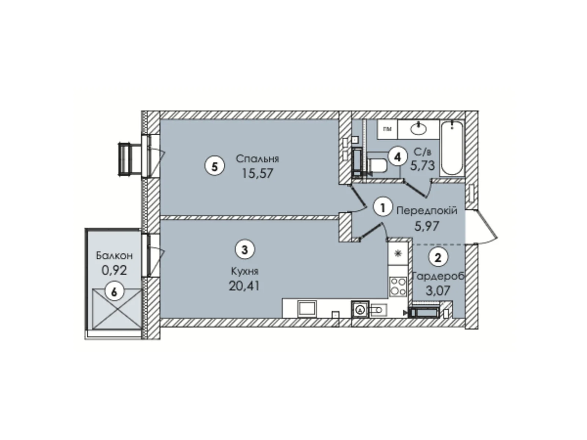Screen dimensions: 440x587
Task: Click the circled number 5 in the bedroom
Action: click(x=215, y=166)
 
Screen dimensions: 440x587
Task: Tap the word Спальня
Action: click(x=257, y=159)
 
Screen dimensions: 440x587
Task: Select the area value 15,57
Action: click(x=257, y=173)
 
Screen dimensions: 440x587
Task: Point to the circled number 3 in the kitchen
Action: click(x=245, y=250)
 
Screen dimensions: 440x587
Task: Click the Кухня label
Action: click(x=245, y=271)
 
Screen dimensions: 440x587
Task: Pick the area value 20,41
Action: click(x=244, y=285)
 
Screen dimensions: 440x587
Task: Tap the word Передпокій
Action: click(x=427, y=211)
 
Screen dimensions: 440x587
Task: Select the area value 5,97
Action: click(x=427, y=226)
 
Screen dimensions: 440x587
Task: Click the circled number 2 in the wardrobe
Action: click(x=438, y=257)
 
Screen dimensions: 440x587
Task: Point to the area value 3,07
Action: click(x=438, y=291)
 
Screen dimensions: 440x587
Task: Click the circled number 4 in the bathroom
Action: click(x=398, y=157)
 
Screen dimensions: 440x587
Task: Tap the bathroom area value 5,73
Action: click(x=423, y=166)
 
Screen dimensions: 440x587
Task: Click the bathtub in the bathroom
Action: click(x=452, y=148)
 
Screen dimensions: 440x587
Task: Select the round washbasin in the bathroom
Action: click(x=419, y=128)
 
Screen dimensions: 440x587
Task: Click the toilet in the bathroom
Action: click(x=377, y=165)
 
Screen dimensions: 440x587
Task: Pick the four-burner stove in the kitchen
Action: click(x=398, y=287)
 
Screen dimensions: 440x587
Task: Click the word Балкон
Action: click(x=114, y=255)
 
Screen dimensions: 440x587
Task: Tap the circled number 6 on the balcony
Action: click(x=114, y=292)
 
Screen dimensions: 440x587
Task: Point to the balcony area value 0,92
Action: click(x=114, y=270)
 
